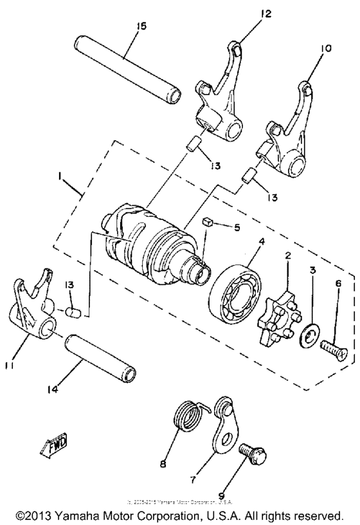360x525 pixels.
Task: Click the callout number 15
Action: [141, 26]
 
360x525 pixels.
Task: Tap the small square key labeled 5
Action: [208, 222]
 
